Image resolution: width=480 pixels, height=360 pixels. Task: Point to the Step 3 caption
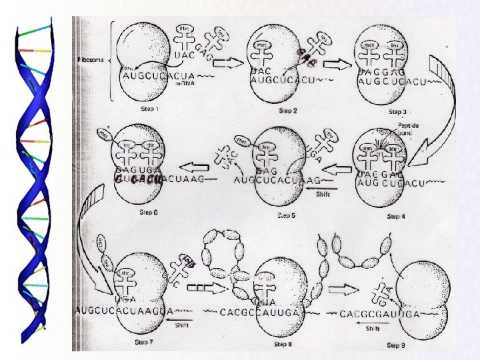[x=397, y=111]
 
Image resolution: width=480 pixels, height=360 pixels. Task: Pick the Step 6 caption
[x=149, y=213]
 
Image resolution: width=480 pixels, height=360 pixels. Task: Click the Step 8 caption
[x=283, y=344]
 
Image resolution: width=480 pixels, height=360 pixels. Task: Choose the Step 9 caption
[x=396, y=345]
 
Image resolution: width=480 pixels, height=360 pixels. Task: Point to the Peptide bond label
[x=408, y=129]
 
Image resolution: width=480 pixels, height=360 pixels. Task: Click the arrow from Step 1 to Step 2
[x=228, y=63]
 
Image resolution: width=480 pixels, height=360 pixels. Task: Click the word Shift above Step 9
[x=373, y=328]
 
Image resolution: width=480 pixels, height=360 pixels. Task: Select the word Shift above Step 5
[x=322, y=193]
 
